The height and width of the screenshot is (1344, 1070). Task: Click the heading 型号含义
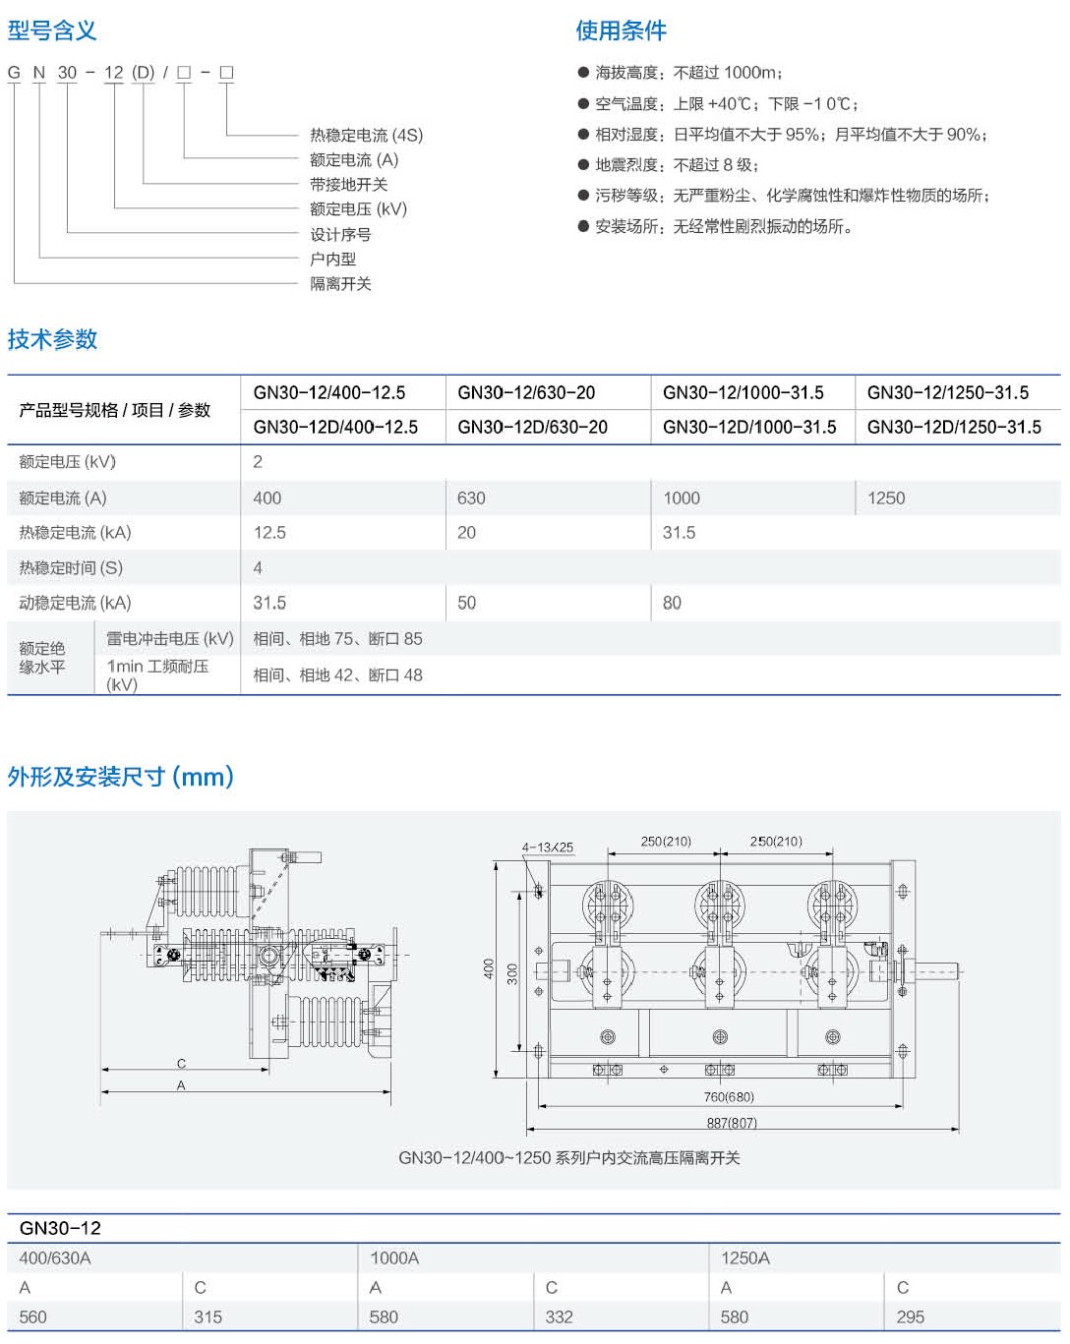(52, 30)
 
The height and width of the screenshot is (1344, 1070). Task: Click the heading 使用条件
(621, 30)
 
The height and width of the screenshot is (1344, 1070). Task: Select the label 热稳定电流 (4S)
(366, 135)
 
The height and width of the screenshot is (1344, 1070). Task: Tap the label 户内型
(332, 259)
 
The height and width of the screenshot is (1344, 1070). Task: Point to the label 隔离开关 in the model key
(340, 283)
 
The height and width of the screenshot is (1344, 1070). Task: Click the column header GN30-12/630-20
(526, 392)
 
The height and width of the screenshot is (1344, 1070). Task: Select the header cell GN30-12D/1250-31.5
(954, 427)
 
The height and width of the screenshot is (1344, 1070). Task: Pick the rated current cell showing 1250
(886, 498)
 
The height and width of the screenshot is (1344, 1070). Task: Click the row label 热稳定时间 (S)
(71, 567)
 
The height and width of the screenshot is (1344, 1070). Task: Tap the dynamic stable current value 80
(672, 603)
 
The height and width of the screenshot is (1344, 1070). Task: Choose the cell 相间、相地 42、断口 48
(337, 674)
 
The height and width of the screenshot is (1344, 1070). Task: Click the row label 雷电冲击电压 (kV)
(169, 638)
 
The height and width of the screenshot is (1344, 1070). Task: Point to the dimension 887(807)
(731, 1123)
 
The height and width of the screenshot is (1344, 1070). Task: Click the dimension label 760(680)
(729, 1097)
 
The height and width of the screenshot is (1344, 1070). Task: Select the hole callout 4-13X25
(547, 847)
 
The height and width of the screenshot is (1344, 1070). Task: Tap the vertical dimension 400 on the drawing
(489, 968)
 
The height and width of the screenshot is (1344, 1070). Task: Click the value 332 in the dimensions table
(559, 1316)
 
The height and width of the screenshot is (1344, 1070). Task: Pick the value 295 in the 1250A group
(910, 1316)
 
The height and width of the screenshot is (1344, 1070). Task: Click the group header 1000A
(394, 1257)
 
